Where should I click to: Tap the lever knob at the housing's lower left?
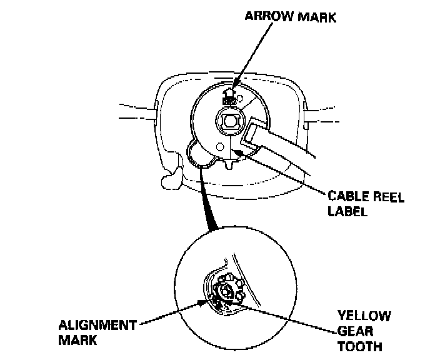tap(169, 181)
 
